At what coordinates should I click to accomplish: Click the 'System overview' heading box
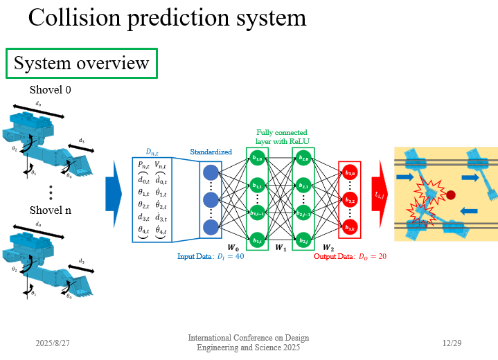coord(82,64)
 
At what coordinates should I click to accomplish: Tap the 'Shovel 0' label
coord(50,90)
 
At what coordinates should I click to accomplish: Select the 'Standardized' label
coord(211,152)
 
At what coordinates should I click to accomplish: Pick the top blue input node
coord(211,172)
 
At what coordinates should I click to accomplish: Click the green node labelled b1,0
coord(258,159)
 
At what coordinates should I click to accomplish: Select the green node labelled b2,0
coord(303,159)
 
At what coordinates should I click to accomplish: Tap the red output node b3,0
coord(350,172)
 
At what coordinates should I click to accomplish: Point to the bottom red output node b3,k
coord(350,227)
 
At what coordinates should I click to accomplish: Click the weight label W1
coord(281,247)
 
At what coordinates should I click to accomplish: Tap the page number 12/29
coord(452,343)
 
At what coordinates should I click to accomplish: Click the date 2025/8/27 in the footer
coord(53,343)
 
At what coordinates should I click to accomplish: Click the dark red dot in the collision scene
coord(451,195)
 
